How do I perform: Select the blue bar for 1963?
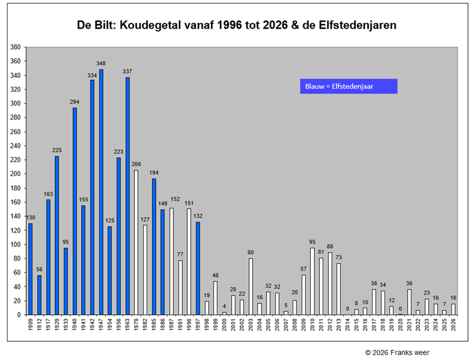pyautogui.click(x=127, y=196)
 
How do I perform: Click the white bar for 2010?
pyautogui.click(x=312, y=281)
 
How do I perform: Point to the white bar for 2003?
pyautogui.click(x=250, y=286)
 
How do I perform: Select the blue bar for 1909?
pyautogui.click(x=30, y=269)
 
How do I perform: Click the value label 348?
pyautogui.click(x=101, y=64)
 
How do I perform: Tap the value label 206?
pyautogui.click(x=136, y=164)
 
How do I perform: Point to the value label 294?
pyautogui.click(x=75, y=102)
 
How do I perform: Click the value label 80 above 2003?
pyautogui.click(x=250, y=253)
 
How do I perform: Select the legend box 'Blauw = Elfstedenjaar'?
pyautogui.click(x=348, y=87)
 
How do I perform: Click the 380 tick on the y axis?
pyautogui.click(x=16, y=47)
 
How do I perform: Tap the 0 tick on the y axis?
pyautogui.click(x=19, y=315)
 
